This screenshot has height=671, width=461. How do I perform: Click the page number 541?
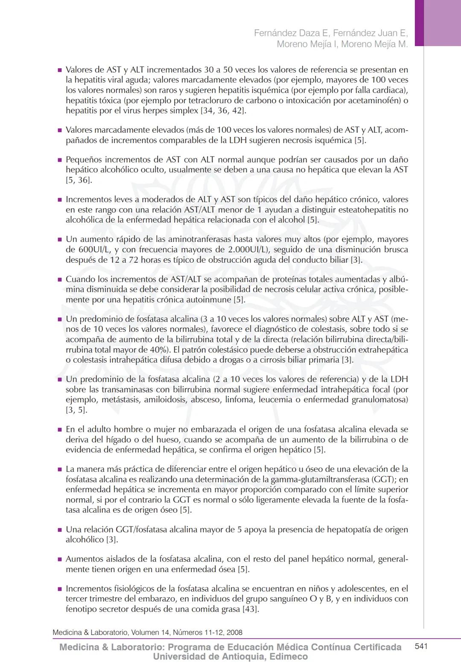[x=421, y=646]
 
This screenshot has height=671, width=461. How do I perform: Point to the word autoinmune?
[x=211, y=299]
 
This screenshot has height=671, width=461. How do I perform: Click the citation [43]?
[x=250, y=609]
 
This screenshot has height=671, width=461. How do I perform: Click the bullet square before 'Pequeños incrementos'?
[x=60, y=160]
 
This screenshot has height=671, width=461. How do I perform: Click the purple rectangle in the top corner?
[x=438, y=22]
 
